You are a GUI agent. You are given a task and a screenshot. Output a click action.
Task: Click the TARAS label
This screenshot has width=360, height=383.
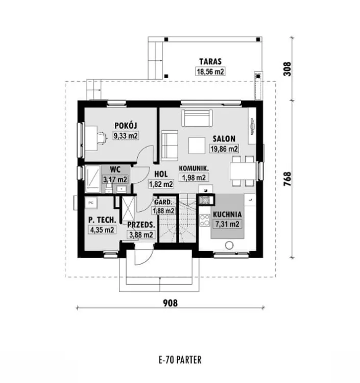tap(210, 61)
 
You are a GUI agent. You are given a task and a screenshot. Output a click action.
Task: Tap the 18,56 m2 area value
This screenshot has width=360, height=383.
tap(210, 71)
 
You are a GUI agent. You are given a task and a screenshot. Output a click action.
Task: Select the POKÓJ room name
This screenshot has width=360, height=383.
tap(126, 126)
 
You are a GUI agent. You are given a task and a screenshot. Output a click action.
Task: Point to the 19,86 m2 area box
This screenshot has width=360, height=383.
tap(224, 149)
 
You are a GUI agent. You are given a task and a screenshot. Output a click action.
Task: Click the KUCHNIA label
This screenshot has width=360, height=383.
tap(227, 214)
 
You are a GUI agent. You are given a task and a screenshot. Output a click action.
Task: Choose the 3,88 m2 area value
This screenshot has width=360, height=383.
tap(141, 235)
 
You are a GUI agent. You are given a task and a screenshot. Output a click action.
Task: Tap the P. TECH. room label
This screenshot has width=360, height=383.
tap(102, 220)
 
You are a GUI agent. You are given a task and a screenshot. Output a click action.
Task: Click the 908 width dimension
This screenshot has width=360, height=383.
tap(170, 303)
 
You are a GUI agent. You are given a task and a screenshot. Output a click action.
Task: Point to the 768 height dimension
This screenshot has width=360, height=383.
tap(287, 179)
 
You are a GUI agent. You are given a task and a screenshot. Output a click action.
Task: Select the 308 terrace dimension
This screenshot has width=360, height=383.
tap(287, 69)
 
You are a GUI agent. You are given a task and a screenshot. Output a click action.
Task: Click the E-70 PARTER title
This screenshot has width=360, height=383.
tap(180, 360)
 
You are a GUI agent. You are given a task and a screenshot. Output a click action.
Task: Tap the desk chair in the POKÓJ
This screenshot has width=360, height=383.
tap(102, 138)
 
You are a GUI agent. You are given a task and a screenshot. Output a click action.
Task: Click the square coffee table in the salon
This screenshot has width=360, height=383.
tap(197, 146)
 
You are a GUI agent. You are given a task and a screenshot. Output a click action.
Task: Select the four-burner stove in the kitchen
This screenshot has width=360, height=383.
tap(205, 220)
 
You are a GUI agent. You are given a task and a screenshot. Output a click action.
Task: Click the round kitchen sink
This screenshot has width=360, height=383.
tap(229, 245)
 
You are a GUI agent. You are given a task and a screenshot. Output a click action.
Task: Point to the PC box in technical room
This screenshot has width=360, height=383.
tap(91, 203)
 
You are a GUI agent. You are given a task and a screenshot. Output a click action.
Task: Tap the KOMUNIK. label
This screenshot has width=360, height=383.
tap(194, 169)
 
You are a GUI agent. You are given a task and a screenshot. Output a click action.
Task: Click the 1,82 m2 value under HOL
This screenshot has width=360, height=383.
tap(161, 184)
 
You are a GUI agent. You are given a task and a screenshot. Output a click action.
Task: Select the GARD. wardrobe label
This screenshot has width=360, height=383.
tap(163, 202)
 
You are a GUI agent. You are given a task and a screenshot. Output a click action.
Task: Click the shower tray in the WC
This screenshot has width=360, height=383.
tap(93, 179)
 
